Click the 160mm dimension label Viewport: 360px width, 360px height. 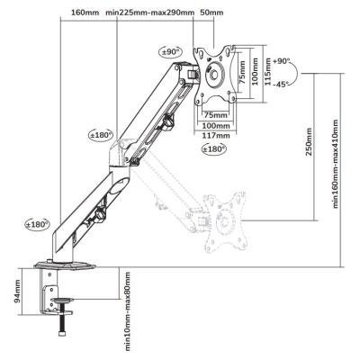85,13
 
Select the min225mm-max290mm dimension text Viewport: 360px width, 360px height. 150,13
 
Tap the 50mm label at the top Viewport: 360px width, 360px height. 211,13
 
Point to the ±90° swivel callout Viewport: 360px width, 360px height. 170,51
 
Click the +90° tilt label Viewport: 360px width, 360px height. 281,61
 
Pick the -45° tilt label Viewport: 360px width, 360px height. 281,85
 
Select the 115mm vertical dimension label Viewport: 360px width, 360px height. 268,72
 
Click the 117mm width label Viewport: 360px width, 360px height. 215,136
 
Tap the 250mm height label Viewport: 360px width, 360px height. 309,142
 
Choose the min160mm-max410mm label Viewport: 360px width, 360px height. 336,164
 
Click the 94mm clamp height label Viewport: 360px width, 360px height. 17,291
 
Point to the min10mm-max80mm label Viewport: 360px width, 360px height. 128,311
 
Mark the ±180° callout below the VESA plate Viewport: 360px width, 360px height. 214,148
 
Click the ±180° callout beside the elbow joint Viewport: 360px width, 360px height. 100,135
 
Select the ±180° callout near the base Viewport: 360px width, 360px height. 37,224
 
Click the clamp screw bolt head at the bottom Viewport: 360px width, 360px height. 62,333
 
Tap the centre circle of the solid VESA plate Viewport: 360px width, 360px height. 214,75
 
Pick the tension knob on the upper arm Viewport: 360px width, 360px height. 167,121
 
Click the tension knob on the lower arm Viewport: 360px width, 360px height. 99,215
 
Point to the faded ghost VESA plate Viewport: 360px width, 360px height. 226,222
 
